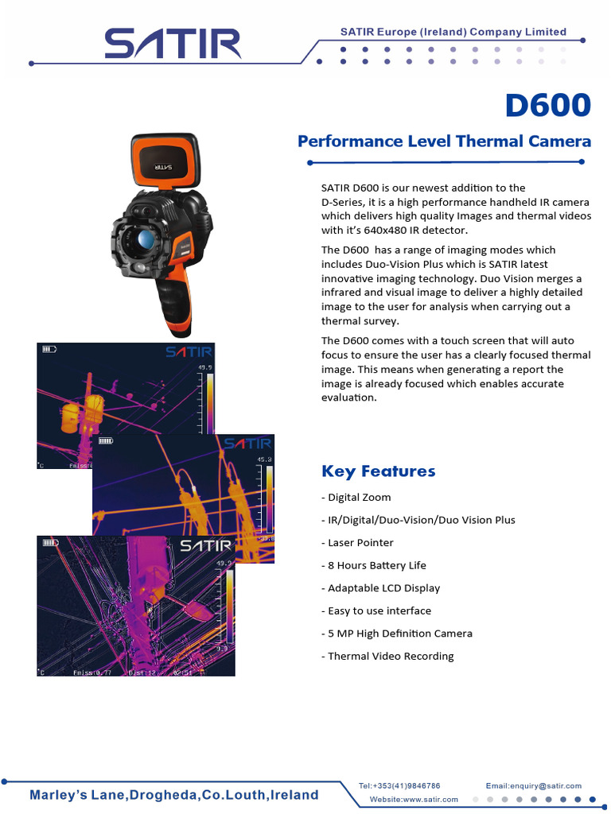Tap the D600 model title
click(548, 105)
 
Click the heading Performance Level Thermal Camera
click(444, 141)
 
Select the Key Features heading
click(378, 471)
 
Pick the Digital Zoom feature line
click(356, 498)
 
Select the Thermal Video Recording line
click(387, 657)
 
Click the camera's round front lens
click(145, 240)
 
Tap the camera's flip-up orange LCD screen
click(165, 162)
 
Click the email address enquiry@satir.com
click(534, 785)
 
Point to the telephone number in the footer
click(399, 785)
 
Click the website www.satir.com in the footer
click(414, 799)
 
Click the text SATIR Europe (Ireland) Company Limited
click(453, 32)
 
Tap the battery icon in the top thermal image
click(49, 348)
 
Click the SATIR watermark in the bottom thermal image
click(205, 546)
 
